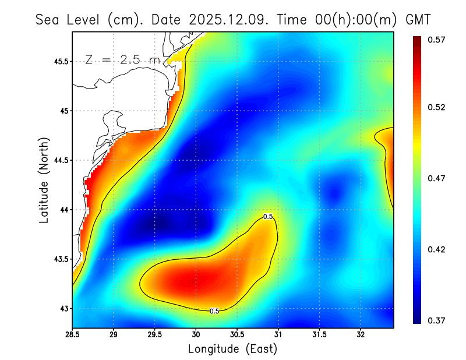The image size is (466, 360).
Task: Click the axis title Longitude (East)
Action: [232, 349]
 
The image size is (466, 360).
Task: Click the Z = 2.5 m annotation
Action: [122, 59]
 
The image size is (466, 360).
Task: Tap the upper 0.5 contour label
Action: [268, 217]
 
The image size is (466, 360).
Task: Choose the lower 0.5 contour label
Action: [214, 311]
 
